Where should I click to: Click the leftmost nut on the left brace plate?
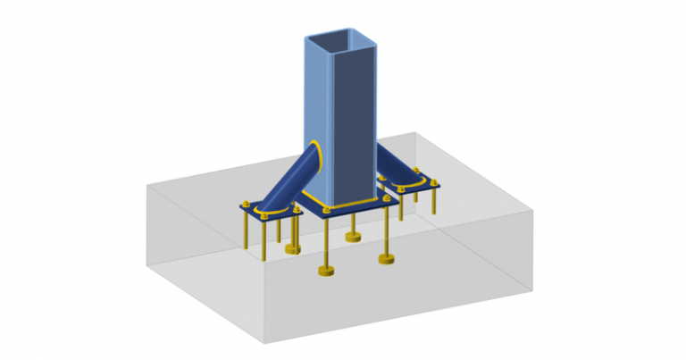(x=244, y=205)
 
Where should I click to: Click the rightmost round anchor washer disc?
(x=387, y=259)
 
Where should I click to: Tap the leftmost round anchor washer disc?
(x=292, y=249)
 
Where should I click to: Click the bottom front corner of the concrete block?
(x=267, y=342)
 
